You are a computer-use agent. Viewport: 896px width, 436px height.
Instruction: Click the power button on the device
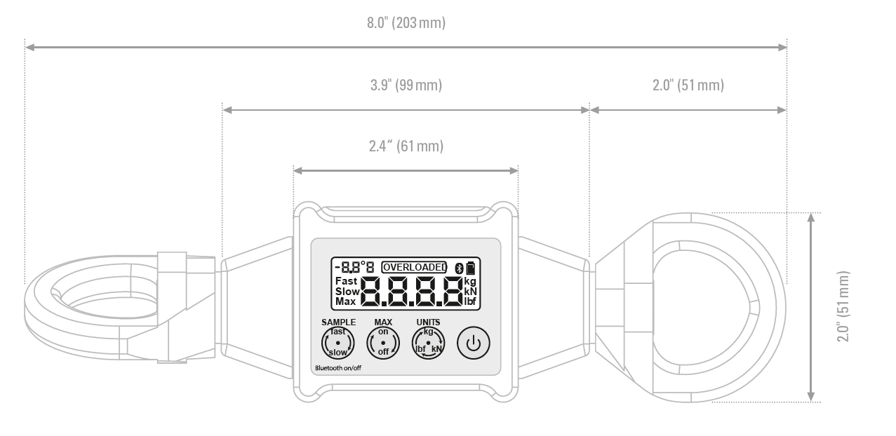[474, 343]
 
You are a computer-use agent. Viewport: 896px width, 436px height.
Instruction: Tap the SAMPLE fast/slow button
[338, 343]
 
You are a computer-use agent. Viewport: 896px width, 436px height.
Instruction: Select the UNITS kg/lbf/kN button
[428, 343]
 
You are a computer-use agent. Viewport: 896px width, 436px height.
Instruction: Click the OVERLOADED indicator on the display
[414, 267]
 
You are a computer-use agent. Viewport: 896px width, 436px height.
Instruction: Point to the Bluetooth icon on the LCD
[458, 267]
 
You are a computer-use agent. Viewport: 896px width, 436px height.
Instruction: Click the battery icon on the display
[469, 267]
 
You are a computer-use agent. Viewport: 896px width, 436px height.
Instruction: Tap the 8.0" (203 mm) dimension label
[406, 23]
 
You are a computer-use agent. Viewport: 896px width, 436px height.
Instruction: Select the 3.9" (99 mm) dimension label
[406, 86]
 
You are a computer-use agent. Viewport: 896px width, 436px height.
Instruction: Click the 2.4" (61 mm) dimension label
[406, 147]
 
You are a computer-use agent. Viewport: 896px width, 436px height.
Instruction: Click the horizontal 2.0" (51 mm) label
[688, 86]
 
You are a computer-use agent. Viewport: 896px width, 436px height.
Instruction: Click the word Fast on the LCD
[346, 281]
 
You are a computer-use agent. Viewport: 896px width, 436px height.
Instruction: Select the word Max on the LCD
[345, 301]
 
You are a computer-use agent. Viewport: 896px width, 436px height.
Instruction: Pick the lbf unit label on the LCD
[470, 301]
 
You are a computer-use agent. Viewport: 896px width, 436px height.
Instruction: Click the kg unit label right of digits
[470, 281]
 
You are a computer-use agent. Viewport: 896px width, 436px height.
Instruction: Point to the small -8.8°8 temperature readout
[354, 267]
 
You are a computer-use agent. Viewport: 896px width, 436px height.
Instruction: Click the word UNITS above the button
[428, 322]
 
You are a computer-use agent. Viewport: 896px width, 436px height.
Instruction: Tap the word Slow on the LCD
[347, 292]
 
